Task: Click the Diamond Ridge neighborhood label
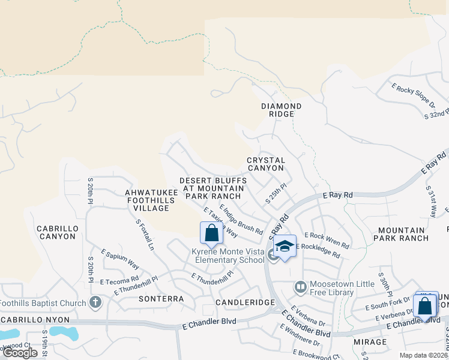281,110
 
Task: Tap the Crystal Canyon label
265,164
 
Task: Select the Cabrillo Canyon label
56,232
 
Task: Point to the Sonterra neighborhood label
161,298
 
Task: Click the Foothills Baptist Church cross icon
95,303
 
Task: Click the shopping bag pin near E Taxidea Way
211,233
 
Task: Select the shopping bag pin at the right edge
425,306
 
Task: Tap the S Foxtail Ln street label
145,235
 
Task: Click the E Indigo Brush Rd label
241,219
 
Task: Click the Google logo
19,353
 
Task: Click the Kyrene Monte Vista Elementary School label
228,255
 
